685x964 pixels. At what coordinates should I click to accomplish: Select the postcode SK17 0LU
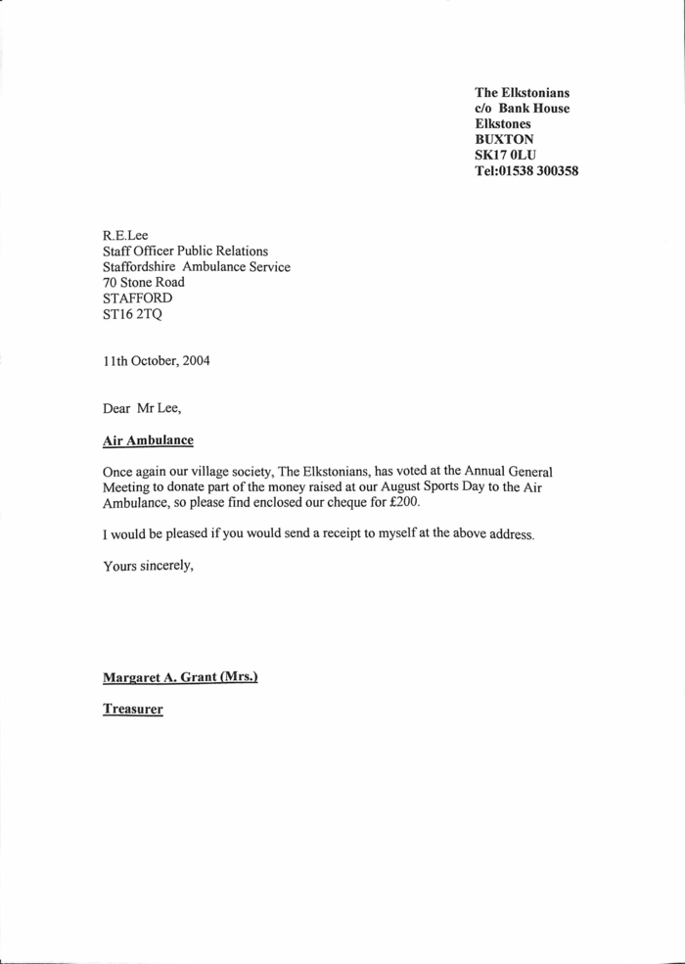(506, 155)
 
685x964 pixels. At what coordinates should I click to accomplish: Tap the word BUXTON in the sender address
(505, 139)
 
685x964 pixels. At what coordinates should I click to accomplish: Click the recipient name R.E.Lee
(125, 235)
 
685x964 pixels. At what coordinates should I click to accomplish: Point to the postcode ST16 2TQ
(128, 314)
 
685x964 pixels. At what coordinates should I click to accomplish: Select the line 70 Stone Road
(144, 282)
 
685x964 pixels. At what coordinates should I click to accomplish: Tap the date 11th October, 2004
(156, 359)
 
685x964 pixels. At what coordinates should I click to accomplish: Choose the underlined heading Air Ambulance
(148, 440)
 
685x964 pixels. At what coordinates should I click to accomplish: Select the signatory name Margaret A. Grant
(152, 676)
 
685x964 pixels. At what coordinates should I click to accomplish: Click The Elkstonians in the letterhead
(523, 92)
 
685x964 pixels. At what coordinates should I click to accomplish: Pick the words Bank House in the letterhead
(534, 108)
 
